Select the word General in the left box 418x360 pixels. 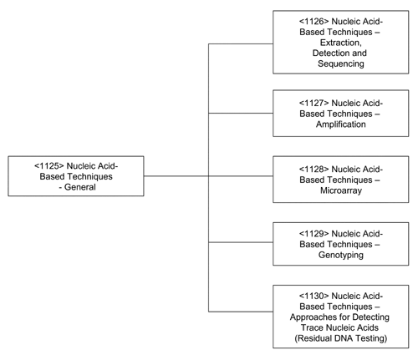pos(80,187)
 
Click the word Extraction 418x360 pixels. pos(340,43)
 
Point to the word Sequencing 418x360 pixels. pos(341,63)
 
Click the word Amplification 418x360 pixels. pos(341,124)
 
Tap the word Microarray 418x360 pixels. pos(341,190)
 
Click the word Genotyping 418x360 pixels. pos(341,255)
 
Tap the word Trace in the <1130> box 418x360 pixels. pos(312,327)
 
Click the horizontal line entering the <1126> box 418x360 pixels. pos(241,43)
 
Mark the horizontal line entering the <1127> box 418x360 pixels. pos(241,113)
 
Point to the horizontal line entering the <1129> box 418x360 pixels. pos(241,242)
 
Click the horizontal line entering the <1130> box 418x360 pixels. pos(241,312)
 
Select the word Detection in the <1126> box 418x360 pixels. pos(329,53)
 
